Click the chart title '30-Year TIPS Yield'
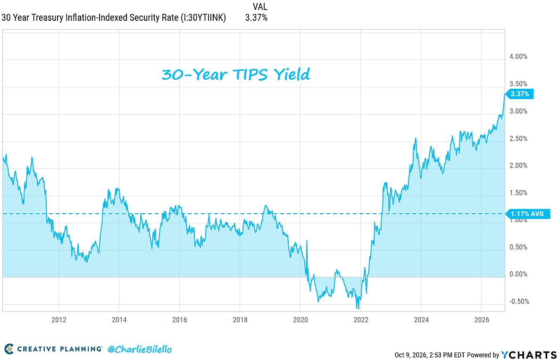click(x=236, y=75)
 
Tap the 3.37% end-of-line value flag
click(x=519, y=94)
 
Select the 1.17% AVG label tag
click(x=527, y=214)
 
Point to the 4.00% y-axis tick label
click(x=518, y=57)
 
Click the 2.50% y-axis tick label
click(x=518, y=139)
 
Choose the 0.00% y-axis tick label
click(x=518, y=274)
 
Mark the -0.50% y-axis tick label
click(x=519, y=301)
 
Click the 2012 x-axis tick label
click(x=59, y=320)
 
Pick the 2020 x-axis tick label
click(x=300, y=320)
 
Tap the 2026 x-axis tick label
click(x=482, y=320)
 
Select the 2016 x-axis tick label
click(x=180, y=320)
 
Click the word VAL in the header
click(x=260, y=7)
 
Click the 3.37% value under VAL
click(x=256, y=17)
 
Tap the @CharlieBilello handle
click(x=139, y=349)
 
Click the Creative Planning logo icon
click(x=9, y=349)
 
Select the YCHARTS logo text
click(x=529, y=355)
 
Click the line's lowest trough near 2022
click(x=358, y=309)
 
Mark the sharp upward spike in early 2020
click(x=307, y=241)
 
